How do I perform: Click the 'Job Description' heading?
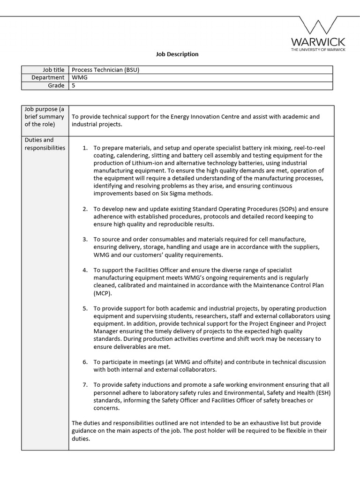(177, 54)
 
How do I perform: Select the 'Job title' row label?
(53, 70)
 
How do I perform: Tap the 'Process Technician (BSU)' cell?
(105, 70)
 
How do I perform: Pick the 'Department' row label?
(48, 78)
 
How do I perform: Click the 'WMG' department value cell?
(79, 78)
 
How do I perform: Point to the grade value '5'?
(74, 86)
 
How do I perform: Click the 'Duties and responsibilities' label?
(45, 144)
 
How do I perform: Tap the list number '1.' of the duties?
(85, 148)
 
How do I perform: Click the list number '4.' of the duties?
(85, 270)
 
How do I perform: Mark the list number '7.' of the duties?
(85, 385)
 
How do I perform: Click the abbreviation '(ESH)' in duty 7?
(322, 393)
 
